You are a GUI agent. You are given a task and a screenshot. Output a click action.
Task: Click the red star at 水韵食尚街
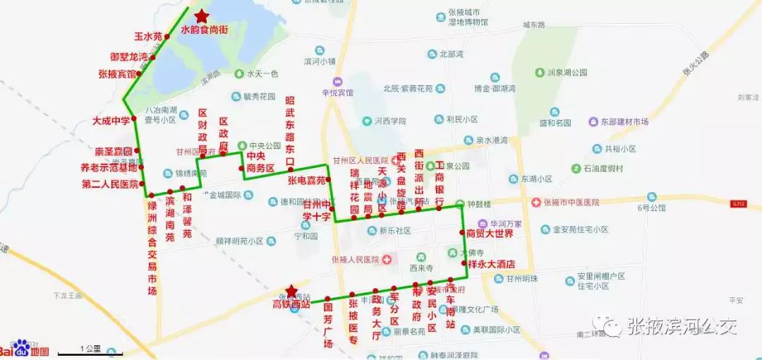click(x=202, y=16)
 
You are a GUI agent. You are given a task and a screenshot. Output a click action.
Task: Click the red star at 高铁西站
click(x=290, y=291)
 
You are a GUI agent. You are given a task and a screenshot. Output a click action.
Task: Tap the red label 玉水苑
click(x=148, y=36)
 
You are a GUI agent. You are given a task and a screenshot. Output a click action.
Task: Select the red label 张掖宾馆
click(x=116, y=73)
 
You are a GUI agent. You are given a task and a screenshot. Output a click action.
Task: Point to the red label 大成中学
click(x=111, y=121)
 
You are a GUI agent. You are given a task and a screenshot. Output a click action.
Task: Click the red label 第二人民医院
click(x=110, y=184)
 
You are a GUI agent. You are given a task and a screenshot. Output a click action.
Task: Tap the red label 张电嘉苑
click(x=306, y=180)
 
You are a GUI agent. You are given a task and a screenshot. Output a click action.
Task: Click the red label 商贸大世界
click(x=490, y=233)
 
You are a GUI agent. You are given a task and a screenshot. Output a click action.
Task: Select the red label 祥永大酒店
click(x=491, y=264)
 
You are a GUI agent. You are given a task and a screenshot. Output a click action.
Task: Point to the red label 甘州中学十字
click(x=317, y=211)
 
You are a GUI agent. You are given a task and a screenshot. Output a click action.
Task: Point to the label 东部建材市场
click(x=618, y=122)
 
